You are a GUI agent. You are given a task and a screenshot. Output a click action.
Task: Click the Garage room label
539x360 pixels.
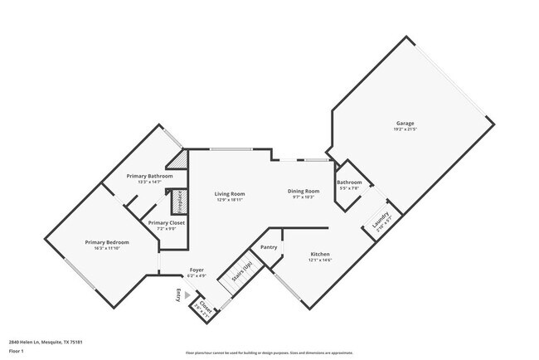405,123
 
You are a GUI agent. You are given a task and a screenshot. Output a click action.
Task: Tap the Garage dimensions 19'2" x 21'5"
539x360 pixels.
405,129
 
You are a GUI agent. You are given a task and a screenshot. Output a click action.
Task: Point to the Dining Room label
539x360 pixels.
303,190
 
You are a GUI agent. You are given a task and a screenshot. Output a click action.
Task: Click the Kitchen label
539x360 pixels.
320,254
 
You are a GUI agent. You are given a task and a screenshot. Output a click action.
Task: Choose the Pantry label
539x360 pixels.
269,247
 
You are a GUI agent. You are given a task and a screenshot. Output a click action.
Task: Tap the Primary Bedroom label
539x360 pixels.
107,241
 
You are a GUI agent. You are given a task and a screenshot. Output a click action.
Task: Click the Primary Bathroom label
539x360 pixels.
149,176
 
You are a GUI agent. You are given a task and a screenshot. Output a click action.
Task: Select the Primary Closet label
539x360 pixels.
167,222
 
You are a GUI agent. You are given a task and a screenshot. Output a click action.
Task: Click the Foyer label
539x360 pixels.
197,270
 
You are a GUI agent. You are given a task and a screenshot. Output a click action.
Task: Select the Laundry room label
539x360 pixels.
380,222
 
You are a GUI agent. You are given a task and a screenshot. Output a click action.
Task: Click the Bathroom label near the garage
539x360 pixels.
349,182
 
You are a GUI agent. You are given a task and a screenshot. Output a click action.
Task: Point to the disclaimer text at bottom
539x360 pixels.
269,353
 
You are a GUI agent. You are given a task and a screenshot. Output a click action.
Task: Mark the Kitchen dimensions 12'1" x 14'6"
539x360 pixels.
320,260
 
